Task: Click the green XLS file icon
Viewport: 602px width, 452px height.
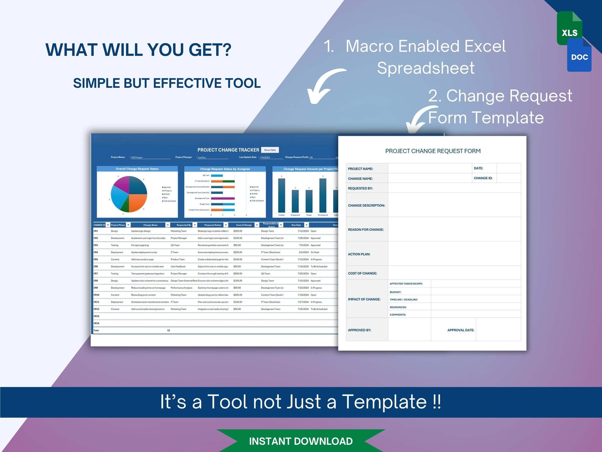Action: coord(569,29)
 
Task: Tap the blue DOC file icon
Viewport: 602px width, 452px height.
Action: coord(580,57)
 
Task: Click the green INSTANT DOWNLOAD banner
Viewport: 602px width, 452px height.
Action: coord(301,441)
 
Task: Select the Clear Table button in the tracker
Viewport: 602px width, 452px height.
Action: coord(270,150)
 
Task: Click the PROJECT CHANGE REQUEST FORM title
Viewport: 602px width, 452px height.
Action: coord(433,151)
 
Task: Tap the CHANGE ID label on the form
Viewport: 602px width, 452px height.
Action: coord(483,178)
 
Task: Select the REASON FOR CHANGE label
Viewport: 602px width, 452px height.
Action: coord(365,230)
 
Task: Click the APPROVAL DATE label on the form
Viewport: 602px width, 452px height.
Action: coord(461,330)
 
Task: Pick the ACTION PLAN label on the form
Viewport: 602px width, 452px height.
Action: coord(359,254)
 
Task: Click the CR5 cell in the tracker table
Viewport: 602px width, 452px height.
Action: coord(96,260)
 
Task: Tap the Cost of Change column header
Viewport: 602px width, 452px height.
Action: coord(244,225)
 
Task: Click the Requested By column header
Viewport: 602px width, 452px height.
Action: coord(184,225)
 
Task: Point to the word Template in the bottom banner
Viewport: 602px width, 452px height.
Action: coord(384,402)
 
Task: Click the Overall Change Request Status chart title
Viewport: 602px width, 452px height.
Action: coord(137,169)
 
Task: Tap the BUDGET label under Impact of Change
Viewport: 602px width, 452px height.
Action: coord(395,292)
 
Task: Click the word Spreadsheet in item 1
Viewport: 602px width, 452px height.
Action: coord(425,68)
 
